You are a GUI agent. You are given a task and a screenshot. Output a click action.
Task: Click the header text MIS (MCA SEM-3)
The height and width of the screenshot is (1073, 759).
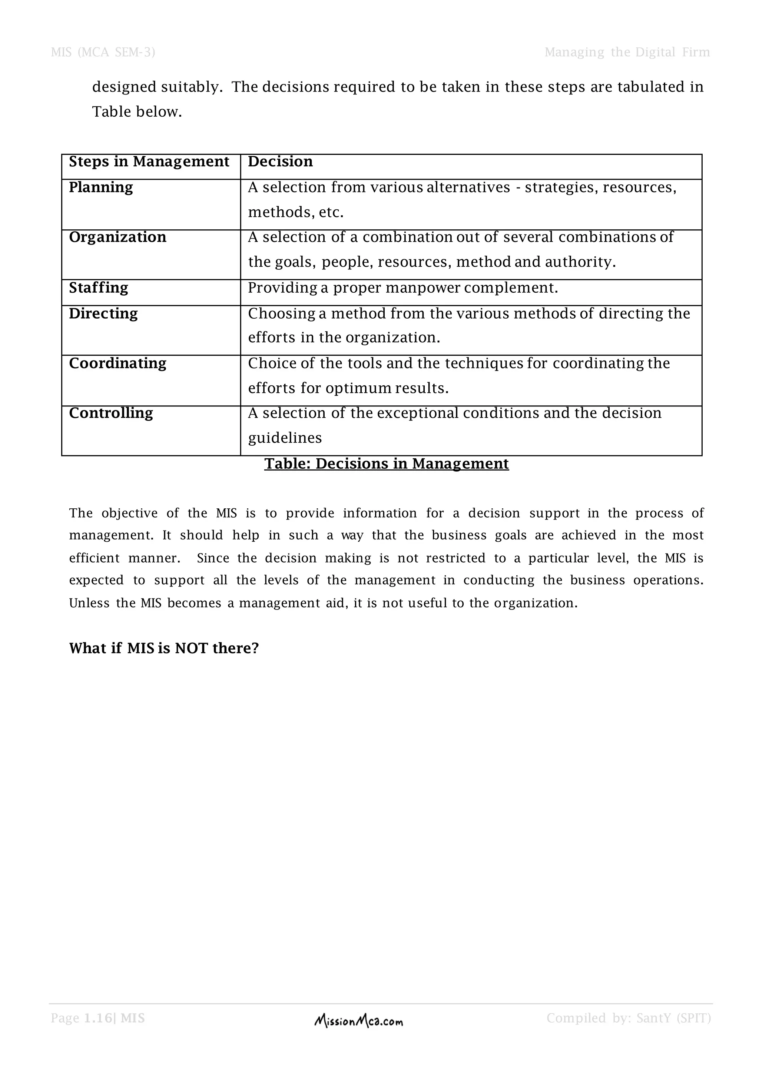tap(103, 52)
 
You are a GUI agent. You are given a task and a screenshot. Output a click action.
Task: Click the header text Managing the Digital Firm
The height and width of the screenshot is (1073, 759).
tap(627, 52)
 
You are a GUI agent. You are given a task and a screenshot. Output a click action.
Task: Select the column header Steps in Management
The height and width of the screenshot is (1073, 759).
tap(149, 162)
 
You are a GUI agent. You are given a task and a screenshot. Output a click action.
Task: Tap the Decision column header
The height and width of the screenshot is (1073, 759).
tap(280, 162)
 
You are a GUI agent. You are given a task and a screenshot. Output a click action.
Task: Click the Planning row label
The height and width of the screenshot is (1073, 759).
tap(101, 187)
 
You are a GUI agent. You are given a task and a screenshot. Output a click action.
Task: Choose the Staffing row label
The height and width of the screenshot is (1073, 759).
tap(99, 288)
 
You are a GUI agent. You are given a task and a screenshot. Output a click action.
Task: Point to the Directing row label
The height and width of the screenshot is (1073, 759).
tap(103, 313)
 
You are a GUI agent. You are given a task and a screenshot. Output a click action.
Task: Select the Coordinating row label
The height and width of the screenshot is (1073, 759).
tap(117, 363)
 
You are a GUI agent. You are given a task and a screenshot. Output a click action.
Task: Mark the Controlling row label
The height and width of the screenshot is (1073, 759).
tap(111, 413)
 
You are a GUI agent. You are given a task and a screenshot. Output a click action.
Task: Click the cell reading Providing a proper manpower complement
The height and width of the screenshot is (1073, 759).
tap(403, 288)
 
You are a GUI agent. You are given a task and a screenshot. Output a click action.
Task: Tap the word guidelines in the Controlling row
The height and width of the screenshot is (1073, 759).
tap(285, 438)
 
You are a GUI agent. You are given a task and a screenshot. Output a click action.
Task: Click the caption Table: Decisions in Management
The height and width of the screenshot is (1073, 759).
tap(386, 464)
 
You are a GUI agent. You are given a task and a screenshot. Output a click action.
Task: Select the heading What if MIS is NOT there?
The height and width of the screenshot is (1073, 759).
tap(163, 648)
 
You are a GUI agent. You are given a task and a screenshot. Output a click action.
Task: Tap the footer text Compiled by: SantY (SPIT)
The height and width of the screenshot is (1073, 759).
tap(629, 1018)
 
